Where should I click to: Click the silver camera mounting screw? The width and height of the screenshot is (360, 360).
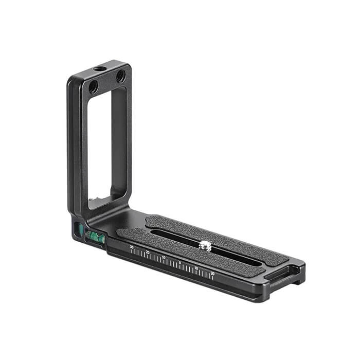point(205,245)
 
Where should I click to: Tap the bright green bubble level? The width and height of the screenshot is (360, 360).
point(95,237)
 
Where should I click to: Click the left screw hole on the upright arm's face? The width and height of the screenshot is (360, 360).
point(93,86)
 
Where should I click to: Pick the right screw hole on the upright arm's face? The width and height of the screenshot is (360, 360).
point(120,76)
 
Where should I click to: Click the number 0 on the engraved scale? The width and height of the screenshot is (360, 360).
point(179,262)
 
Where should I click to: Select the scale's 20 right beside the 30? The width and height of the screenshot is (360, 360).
point(148,252)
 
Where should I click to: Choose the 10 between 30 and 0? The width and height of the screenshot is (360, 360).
point(164,257)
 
